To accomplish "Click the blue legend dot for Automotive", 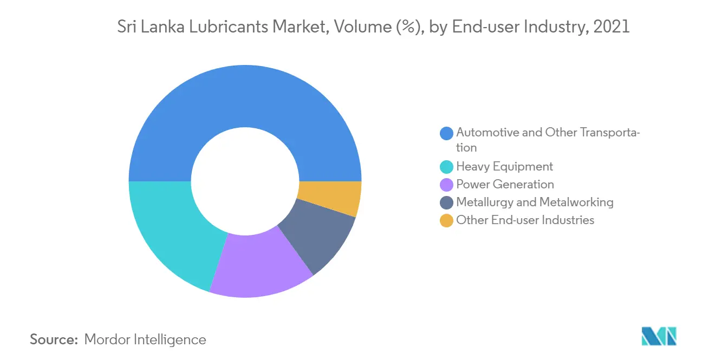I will pos(447,133).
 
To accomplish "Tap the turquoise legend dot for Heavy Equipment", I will pos(447,167).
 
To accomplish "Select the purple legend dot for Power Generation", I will pos(447,185).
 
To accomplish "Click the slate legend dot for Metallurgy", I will pos(447,203).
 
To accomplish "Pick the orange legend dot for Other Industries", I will pos(447,221).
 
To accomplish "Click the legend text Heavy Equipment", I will pos(504,167).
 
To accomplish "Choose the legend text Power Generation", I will pos(505,185).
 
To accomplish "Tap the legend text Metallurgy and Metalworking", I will pos(535,202).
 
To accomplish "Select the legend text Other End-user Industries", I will pos(525,220).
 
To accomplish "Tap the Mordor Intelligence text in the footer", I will pos(145,339).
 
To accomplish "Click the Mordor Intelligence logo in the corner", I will pos(659,336).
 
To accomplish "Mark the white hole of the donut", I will pos(245,181).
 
